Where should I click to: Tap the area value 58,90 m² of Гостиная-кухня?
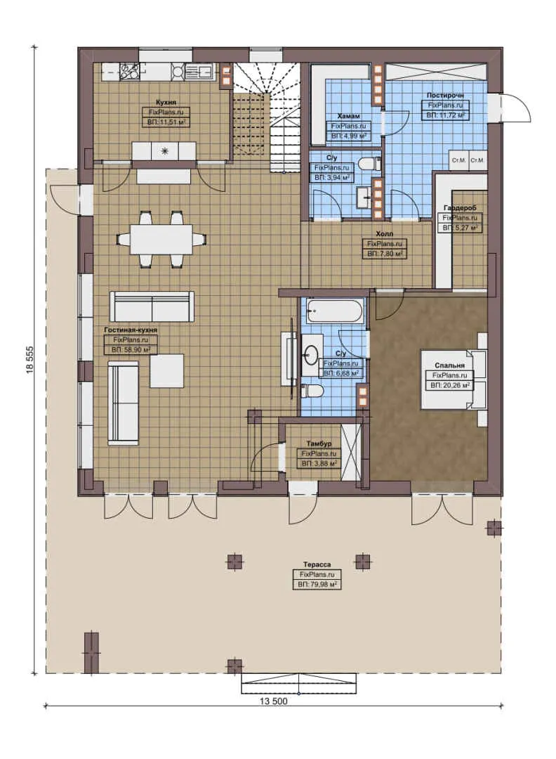coord(131,349)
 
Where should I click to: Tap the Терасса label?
coord(317,564)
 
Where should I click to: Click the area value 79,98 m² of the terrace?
coord(317,584)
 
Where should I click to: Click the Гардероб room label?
coord(460,209)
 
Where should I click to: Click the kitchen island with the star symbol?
coord(166,150)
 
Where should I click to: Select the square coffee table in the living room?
coord(166,370)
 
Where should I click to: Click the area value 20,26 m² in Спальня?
coord(450,385)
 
